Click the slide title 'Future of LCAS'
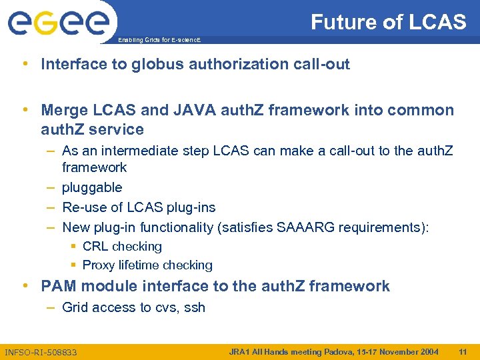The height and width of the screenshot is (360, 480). click(388, 23)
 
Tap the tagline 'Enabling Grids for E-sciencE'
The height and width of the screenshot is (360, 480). click(159, 41)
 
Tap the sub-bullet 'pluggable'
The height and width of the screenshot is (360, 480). click(92, 187)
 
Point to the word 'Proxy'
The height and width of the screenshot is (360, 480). click(99, 265)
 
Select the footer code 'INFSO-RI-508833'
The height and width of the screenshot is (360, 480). click(41, 352)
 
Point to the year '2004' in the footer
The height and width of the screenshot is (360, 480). click(426, 351)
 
